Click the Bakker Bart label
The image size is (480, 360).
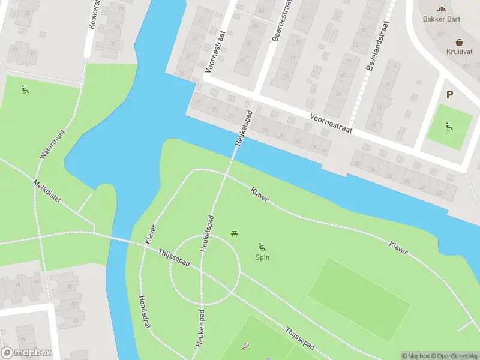click(x=442, y=18)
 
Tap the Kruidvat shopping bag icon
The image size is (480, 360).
click(x=460, y=43)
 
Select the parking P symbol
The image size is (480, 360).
click(x=450, y=94)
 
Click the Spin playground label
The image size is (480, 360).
click(x=262, y=257)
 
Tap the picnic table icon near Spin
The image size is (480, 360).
click(x=233, y=233)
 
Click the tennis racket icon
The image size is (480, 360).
click(x=245, y=346)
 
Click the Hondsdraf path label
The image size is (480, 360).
click(x=145, y=311)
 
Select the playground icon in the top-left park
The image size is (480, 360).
click(x=25, y=91)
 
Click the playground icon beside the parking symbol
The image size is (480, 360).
click(x=449, y=127)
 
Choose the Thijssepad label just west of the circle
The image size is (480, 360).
click(x=173, y=259)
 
